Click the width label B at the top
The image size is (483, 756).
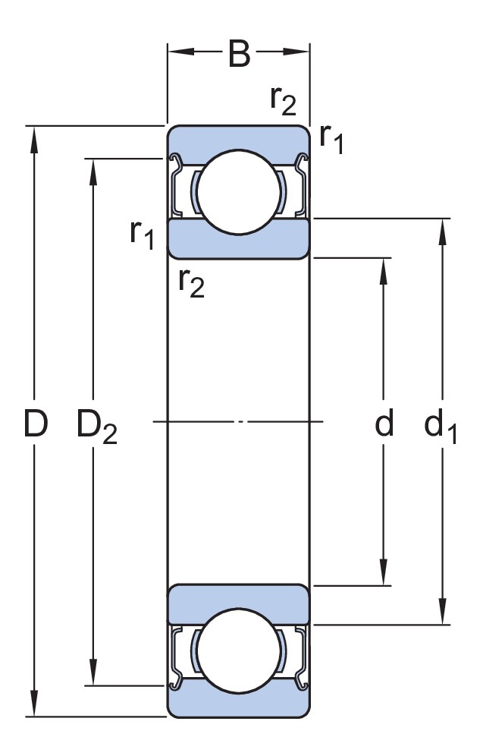(x=239, y=54)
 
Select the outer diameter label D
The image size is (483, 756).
(x=36, y=424)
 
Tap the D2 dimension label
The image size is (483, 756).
(x=97, y=427)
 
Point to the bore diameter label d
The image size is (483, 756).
(x=384, y=422)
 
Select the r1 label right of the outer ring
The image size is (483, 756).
(x=332, y=139)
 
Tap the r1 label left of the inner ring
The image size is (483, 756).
(x=142, y=234)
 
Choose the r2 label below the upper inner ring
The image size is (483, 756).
(x=191, y=282)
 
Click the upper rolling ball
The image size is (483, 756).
(x=239, y=192)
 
